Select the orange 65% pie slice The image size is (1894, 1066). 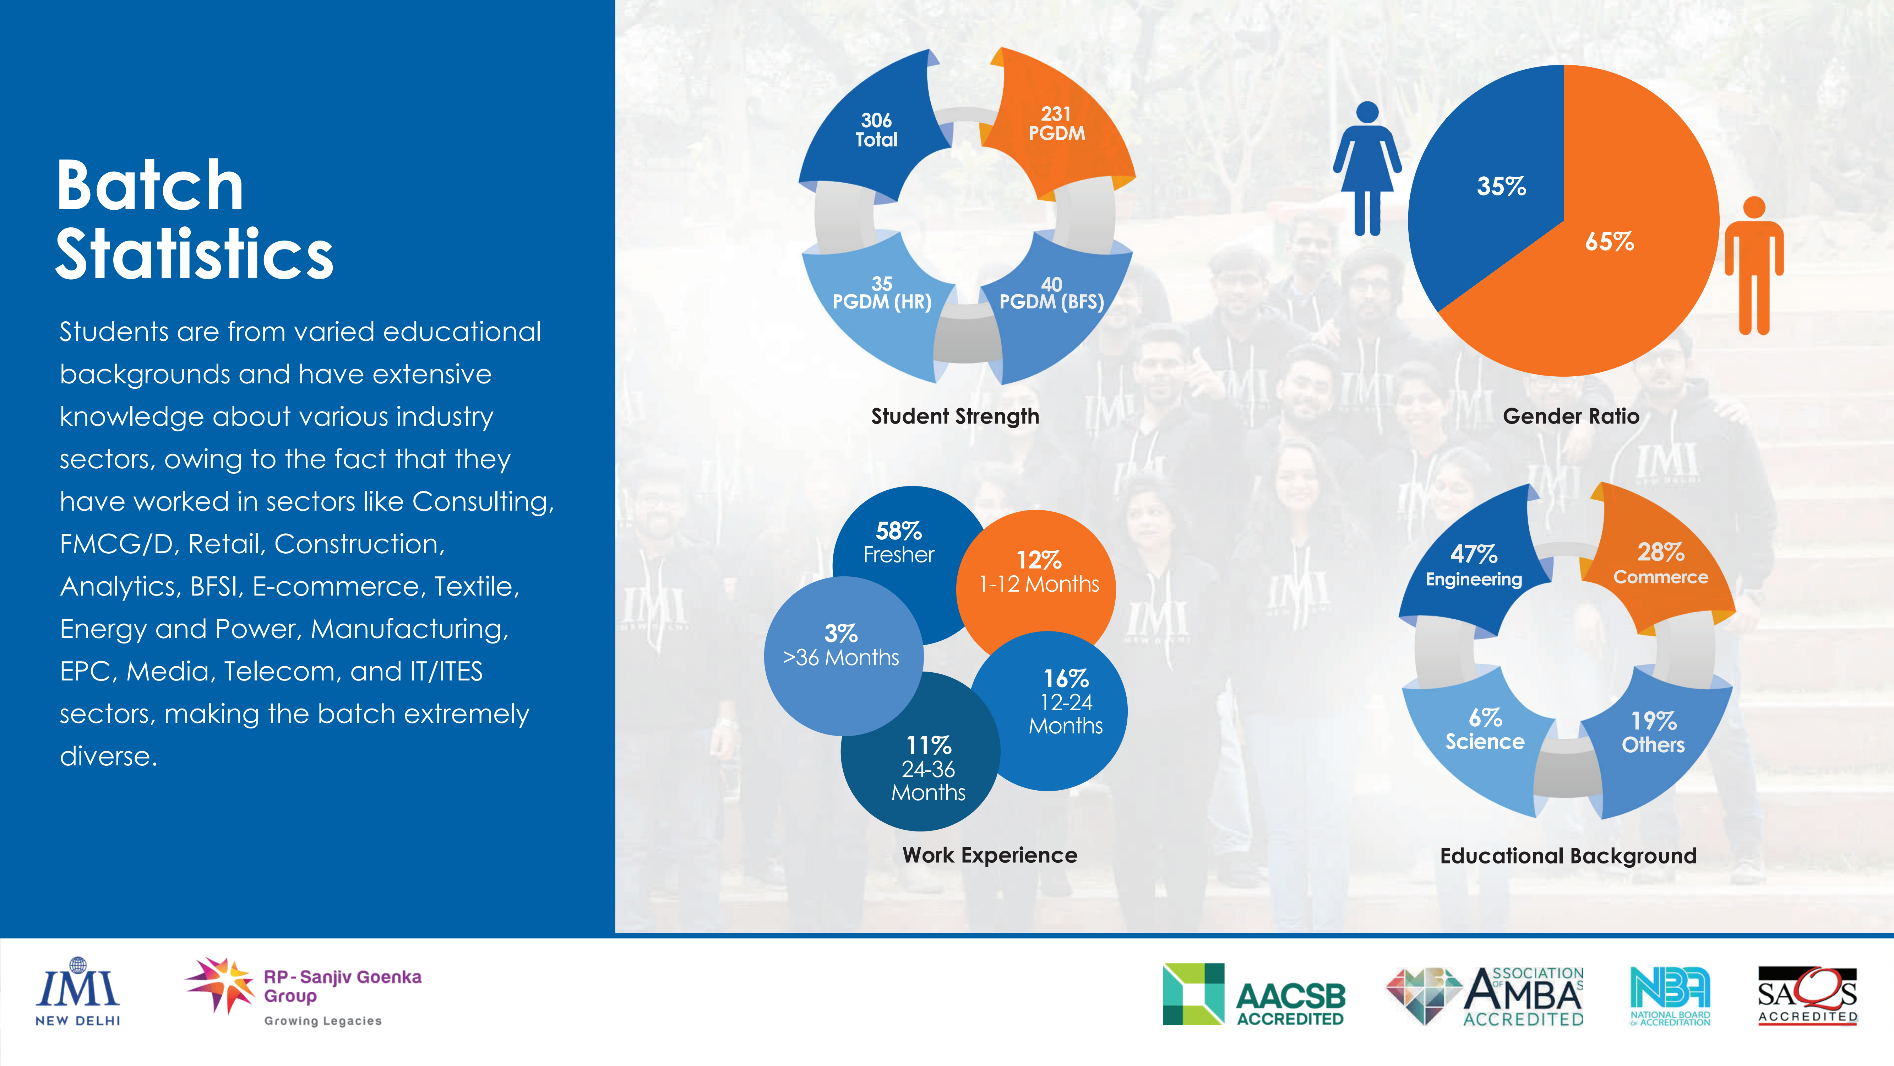[x=1603, y=265]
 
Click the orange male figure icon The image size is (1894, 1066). [x=1754, y=265]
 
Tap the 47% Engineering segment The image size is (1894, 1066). [x=1474, y=566]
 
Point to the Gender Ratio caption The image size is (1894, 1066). [x=1571, y=416]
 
